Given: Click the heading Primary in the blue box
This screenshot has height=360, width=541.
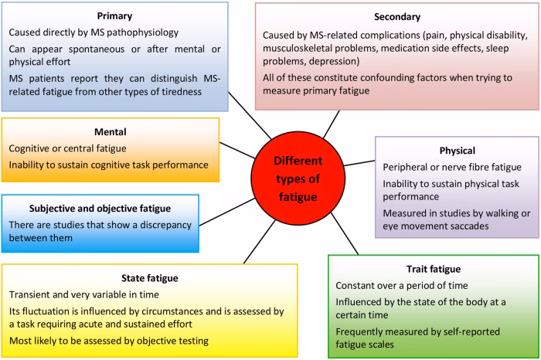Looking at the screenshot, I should [114, 15].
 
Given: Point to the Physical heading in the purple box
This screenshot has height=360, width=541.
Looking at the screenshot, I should [456, 150].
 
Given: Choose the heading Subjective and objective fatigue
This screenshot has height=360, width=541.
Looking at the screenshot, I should [101, 209].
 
